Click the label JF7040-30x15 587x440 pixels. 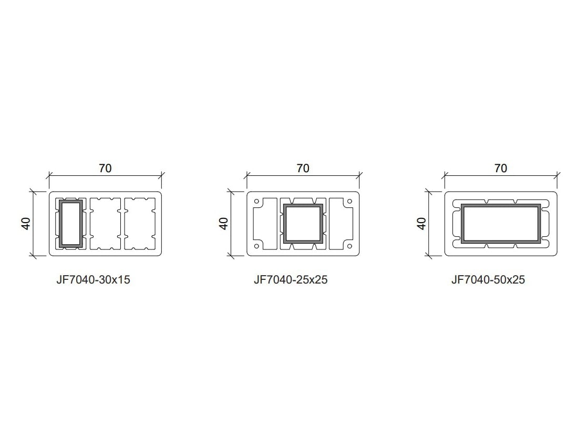(x=93, y=280)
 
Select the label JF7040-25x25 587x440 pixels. (x=291, y=280)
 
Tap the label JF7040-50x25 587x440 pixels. (x=488, y=280)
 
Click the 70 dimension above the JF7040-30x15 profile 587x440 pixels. (x=105, y=169)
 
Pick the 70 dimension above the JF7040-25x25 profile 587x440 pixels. (x=303, y=169)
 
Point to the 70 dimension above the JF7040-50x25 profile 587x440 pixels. (x=501, y=169)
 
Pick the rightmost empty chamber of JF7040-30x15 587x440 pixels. (x=140, y=223)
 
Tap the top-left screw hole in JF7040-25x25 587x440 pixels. (x=256, y=202)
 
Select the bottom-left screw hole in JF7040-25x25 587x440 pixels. (x=256, y=246)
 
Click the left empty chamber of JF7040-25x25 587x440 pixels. (x=266, y=223)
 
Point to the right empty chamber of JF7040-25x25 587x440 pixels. (x=340, y=223)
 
